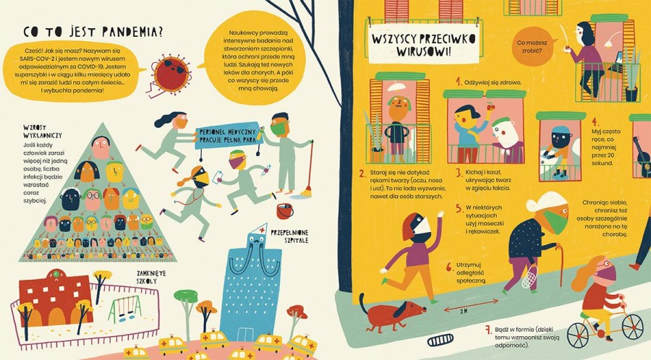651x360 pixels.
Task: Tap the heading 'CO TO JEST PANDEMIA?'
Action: (x=93, y=32)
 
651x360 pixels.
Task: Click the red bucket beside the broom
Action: (x=284, y=211)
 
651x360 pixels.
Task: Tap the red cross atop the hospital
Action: (x=261, y=229)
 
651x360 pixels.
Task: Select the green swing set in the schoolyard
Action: (x=124, y=309)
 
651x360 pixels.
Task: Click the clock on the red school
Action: (x=54, y=274)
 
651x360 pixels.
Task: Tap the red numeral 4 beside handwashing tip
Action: (x=595, y=121)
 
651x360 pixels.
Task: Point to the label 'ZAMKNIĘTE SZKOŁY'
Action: (x=151, y=277)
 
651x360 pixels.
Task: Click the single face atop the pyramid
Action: (x=101, y=147)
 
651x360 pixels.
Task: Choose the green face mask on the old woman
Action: (x=555, y=221)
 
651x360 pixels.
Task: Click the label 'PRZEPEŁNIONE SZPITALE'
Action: (x=289, y=236)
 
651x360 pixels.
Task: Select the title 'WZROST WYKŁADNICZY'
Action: (x=43, y=132)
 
